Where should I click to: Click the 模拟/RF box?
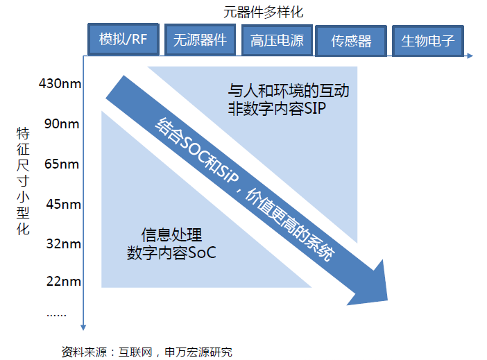pyautogui.click(x=123, y=39)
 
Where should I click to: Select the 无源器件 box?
pyautogui.click(x=200, y=40)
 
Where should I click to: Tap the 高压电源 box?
pyautogui.click(x=277, y=40)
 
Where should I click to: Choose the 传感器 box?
pyautogui.click(x=351, y=41)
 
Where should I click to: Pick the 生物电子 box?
pyautogui.click(x=427, y=41)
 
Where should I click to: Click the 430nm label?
pyautogui.click(x=60, y=83)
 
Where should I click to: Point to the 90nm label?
pyautogui.click(x=62, y=123)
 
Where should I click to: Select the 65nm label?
pyautogui.click(x=62, y=164)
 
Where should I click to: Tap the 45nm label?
pyautogui.click(x=64, y=204)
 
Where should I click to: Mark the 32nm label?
pyautogui.click(x=64, y=243)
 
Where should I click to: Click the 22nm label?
pyautogui.click(x=64, y=281)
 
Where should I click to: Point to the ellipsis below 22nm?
pyautogui.click(x=56, y=315)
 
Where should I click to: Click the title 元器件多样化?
pyautogui.click(x=263, y=12)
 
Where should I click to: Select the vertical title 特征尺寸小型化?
pyautogui.click(x=23, y=181)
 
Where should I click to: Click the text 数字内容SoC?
pyautogui.click(x=171, y=253)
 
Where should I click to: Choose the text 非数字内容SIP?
pyautogui.click(x=277, y=109)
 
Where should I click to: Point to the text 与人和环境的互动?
pyautogui.click(x=289, y=90)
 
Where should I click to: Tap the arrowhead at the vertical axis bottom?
pyautogui.click(x=83, y=327)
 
